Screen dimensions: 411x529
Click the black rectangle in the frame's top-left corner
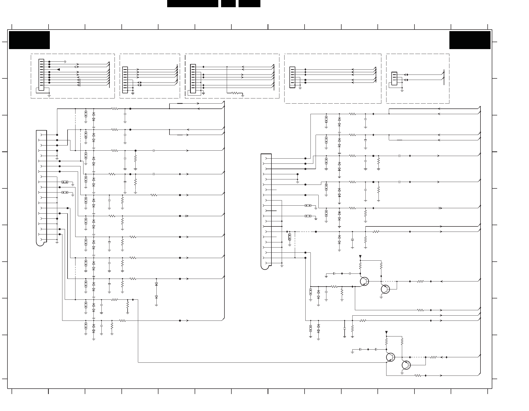(x=29, y=40)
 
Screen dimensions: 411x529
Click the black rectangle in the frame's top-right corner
(x=470, y=40)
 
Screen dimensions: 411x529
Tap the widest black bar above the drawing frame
(x=193, y=3)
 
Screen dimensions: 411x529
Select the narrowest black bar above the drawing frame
(x=228, y=3)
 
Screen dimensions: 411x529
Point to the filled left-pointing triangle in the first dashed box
(x=58, y=69)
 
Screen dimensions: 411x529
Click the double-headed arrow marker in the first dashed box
(x=76, y=67)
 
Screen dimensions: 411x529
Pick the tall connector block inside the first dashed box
(x=41, y=75)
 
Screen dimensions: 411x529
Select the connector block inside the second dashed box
(x=125, y=80)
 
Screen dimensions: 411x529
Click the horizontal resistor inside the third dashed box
(x=235, y=93)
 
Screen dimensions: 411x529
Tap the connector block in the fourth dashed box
(x=292, y=77)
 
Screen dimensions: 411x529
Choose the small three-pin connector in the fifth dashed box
(x=394, y=78)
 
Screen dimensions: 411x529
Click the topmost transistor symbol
(x=364, y=281)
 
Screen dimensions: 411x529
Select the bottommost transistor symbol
(x=406, y=365)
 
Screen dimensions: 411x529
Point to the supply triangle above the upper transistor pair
(x=360, y=257)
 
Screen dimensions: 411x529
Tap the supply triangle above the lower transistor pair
(x=386, y=332)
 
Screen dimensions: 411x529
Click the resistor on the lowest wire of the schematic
(x=418, y=376)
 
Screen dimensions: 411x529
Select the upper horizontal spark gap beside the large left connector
(x=65, y=182)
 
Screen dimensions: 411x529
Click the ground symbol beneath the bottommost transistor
(x=402, y=373)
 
